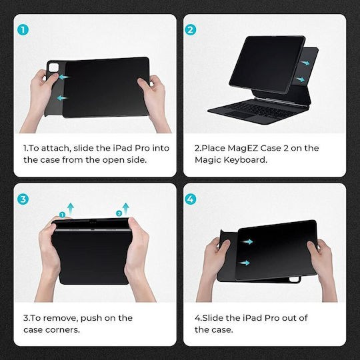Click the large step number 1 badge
pyautogui.click(x=23, y=30)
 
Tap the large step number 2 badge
pyautogui.click(x=191, y=30)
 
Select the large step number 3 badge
pyautogui.click(x=23, y=199)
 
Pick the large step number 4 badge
pyautogui.click(x=191, y=199)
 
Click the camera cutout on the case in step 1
pyautogui.click(x=54, y=68)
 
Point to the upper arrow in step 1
pyautogui.click(x=63, y=77)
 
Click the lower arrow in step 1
pyautogui.click(x=62, y=98)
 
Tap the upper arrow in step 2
pyautogui.click(x=305, y=63)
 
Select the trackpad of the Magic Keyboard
pyautogui.click(x=240, y=115)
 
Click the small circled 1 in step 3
pyautogui.click(x=62, y=215)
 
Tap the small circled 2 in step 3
pyautogui.click(x=119, y=213)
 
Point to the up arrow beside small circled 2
pyautogui.click(x=125, y=209)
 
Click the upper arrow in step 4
pyautogui.click(x=247, y=241)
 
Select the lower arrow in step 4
pyautogui.click(x=244, y=263)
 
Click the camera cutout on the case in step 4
pyautogui.click(x=295, y=279)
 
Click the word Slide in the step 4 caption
pyautogui.click(x=213, y=318)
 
